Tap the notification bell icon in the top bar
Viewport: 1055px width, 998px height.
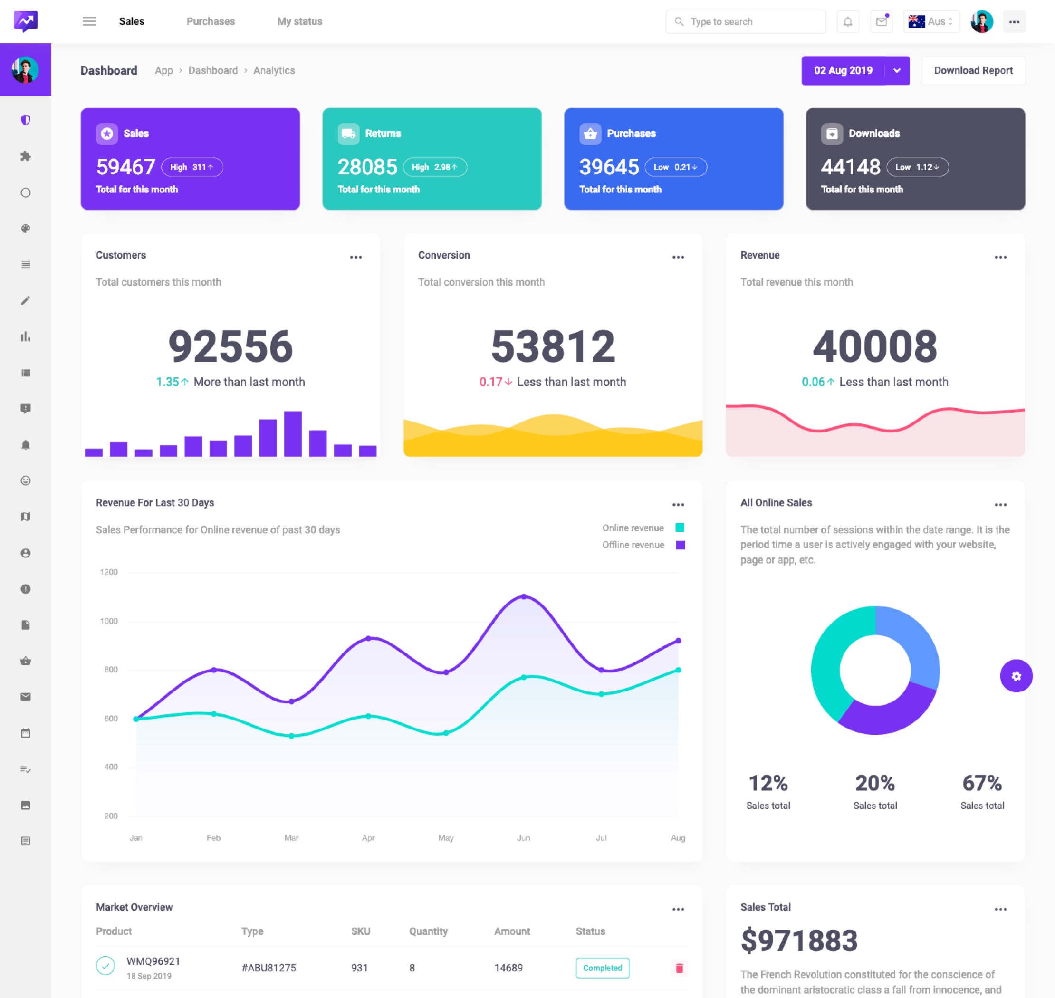(847, 22)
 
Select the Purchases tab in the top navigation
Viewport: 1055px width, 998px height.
(210, 22)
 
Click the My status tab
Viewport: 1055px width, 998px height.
(299, 22)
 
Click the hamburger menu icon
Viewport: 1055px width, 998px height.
(89, 22)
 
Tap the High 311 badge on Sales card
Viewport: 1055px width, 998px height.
(192, 167)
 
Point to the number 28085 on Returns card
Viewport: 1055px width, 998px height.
(367, 167)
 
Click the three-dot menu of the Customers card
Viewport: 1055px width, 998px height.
(355, 258)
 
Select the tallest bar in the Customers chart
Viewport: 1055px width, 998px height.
(293, 433)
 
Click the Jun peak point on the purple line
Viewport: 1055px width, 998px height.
(524, 597)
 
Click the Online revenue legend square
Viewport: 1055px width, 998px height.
(680, 528)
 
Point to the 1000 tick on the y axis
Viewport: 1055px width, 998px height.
(109, 621)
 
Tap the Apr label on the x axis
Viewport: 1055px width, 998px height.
(368, 838)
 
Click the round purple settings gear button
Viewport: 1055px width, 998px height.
(1016, 676)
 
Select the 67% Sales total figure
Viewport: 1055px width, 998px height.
(982, 783)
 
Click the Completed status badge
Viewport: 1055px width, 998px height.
(602, 968)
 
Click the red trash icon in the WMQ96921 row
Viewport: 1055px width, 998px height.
(679, 968)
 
